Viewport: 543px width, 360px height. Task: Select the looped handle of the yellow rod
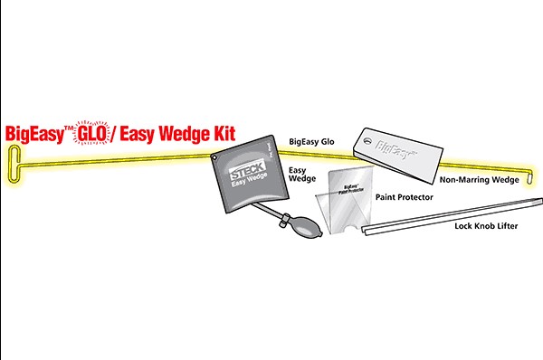pyautogui.click(x=13, y=166)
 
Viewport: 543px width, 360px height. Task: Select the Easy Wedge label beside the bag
pyautogui.click(x=301, y=174)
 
